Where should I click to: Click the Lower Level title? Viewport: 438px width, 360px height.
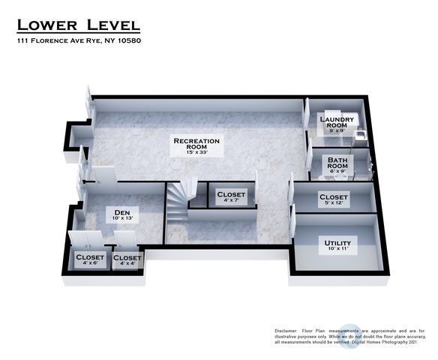79,25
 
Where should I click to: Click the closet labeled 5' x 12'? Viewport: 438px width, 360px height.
334,199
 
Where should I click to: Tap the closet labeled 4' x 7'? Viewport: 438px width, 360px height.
231,197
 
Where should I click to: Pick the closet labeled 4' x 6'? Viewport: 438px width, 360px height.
90,259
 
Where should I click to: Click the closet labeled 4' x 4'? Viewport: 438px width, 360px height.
127,260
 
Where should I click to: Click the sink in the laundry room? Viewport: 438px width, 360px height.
360,134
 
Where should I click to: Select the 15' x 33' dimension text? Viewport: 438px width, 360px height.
196,152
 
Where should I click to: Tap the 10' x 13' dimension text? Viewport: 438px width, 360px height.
122,218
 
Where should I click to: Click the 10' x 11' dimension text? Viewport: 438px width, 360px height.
338,248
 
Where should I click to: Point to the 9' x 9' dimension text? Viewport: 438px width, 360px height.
337,130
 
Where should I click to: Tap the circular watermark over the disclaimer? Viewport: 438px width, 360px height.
350,336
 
